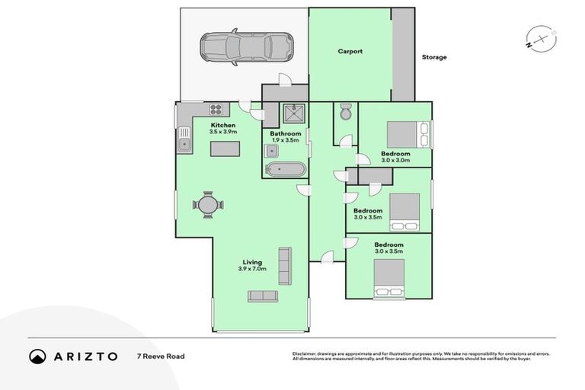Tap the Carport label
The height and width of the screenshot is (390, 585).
pyautogui.click(x=350, y=52)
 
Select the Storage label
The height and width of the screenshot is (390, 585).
pyautogui.click(x=434, y=57)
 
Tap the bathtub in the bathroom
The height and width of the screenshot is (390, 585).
pyautogui.click(x=285, y=168)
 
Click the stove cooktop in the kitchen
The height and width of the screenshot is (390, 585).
pyautogui.click(x=215, y=109)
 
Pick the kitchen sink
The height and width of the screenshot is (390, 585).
pyautogui.click(x=184, y=142)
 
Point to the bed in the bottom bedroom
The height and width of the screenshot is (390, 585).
pyautogui.click(x=389, y=278)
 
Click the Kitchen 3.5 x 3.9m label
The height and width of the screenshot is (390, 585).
pyautogui.click(x=223, y=128)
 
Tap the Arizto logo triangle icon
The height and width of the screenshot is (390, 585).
pyautogui.click(x=37, y=356)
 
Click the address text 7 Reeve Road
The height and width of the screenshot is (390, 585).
pyautogui.click(x=160, y=356)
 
